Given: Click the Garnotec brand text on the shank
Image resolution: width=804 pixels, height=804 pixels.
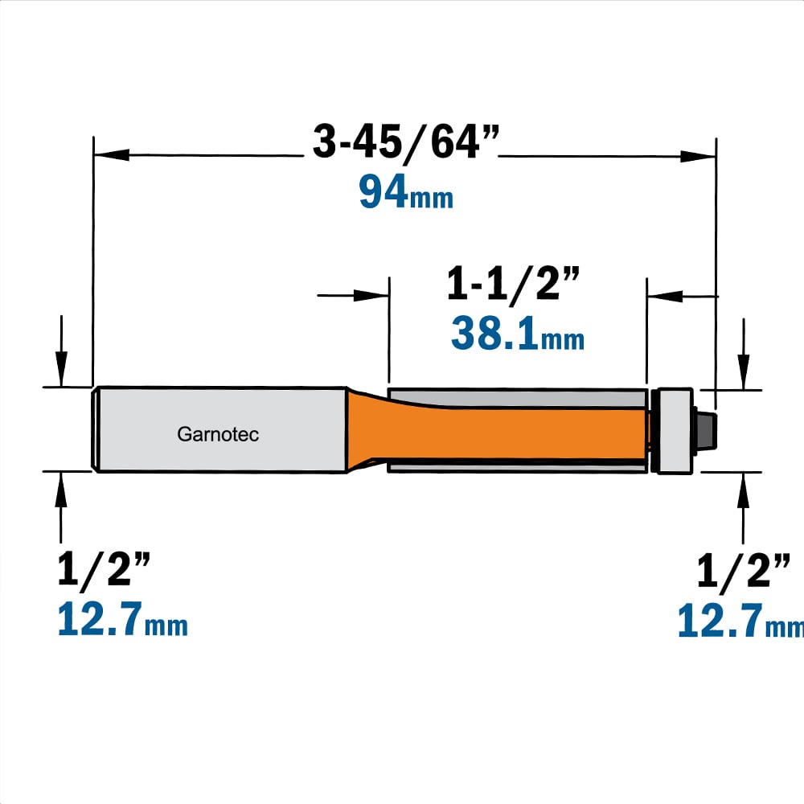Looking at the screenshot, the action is (x=218, y=434).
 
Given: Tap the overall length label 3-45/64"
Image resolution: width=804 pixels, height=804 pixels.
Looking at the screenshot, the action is (x=405, y=142).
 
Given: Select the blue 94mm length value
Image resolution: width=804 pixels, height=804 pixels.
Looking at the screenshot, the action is (x=406, y=192).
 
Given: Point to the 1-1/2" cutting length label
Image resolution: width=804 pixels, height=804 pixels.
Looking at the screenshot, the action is (x=513, y=284).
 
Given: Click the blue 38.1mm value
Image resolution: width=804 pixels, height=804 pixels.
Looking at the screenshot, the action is (x=518, y=334).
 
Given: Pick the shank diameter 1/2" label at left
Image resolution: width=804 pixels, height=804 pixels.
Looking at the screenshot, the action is (x=104, y=569).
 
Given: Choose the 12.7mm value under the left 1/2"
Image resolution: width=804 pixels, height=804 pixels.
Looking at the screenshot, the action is (x=122, y=619).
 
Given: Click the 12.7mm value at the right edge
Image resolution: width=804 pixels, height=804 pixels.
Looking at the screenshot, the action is (x=740, y=621).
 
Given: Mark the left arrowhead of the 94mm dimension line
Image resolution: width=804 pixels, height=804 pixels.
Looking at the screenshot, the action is (x=111, y=154).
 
